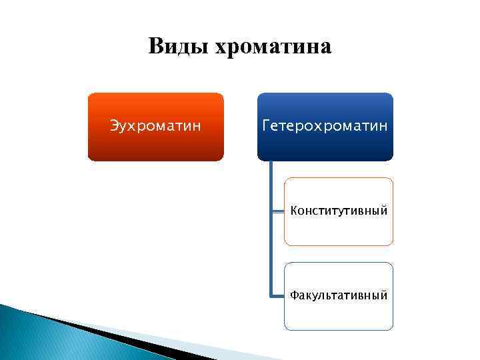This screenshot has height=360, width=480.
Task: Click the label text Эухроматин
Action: pyautogui.click(x=155, y=126)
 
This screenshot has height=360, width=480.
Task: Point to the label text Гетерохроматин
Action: pyautogui.click(x=325, y=126)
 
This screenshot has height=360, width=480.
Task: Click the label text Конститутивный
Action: pyautogui.click(x=339, y=211)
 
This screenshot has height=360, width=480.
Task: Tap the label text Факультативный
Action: pyautogui.click(x=339, y=295)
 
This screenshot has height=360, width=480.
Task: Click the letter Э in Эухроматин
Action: pyautogui.click(x=113, y=126)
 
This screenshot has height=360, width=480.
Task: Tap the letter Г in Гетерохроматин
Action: pyautogui.click(x=267, y=126)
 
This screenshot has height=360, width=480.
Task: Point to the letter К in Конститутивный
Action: pyautogui.click(x=294, y=211)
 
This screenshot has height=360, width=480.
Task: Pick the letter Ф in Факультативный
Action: pyautogui.click(x=295, y=295)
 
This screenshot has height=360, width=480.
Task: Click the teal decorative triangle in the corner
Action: pyautogui.click(x=40, y=340)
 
